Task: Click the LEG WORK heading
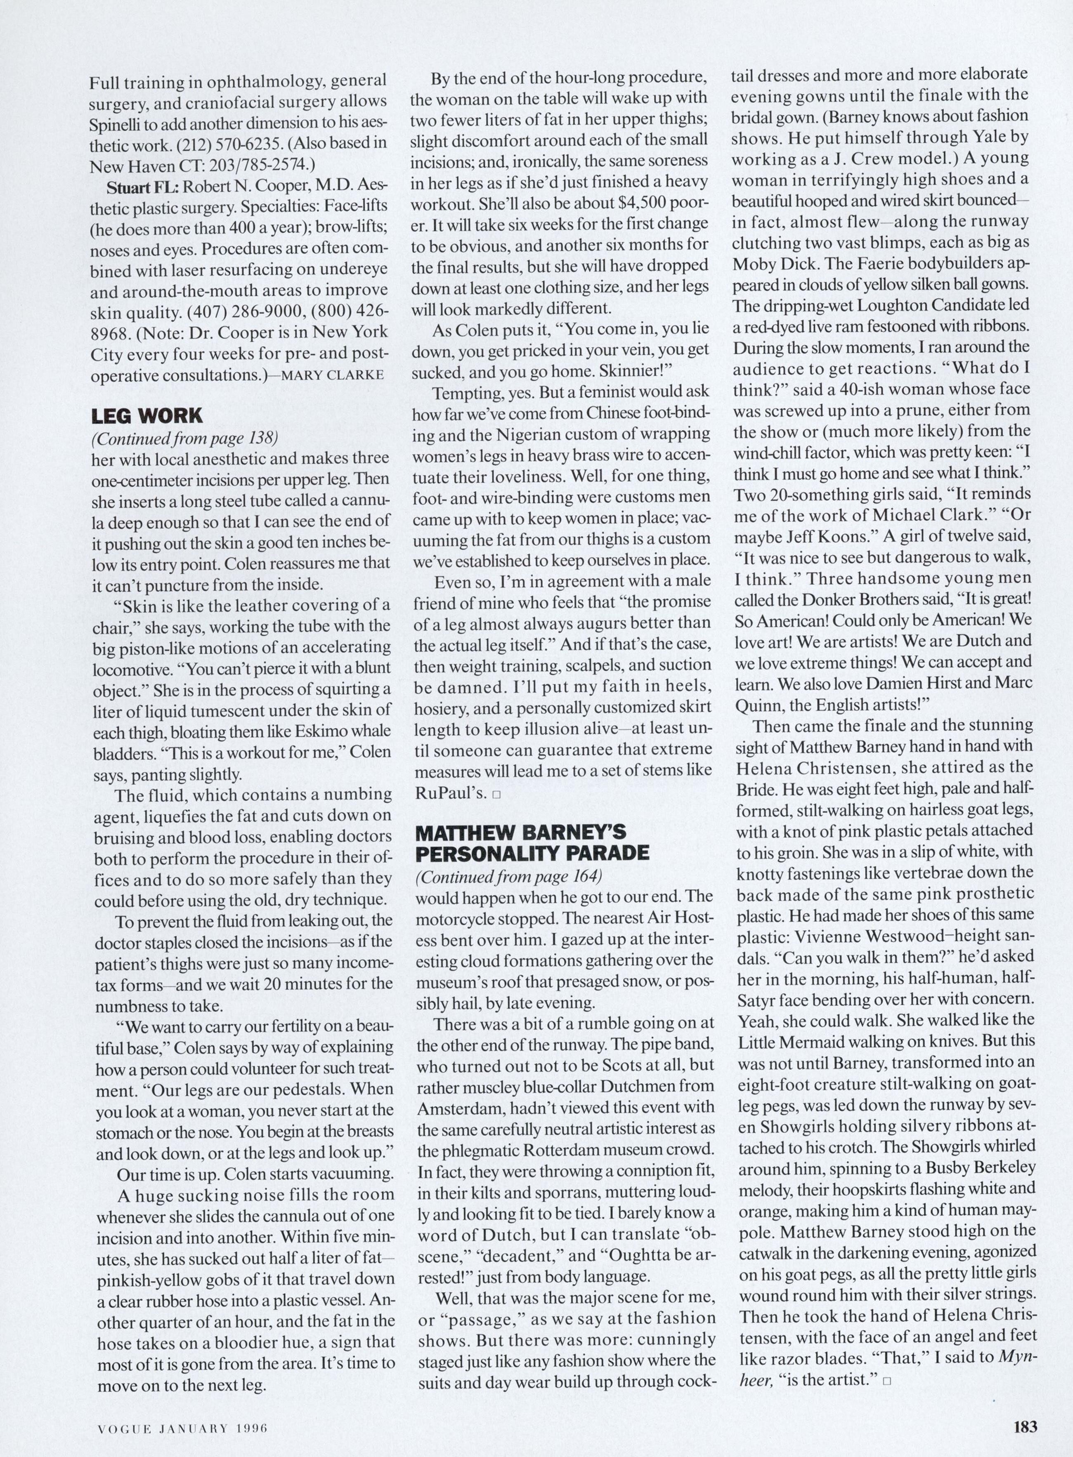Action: point(147,415)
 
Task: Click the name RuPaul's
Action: point(449,793)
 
